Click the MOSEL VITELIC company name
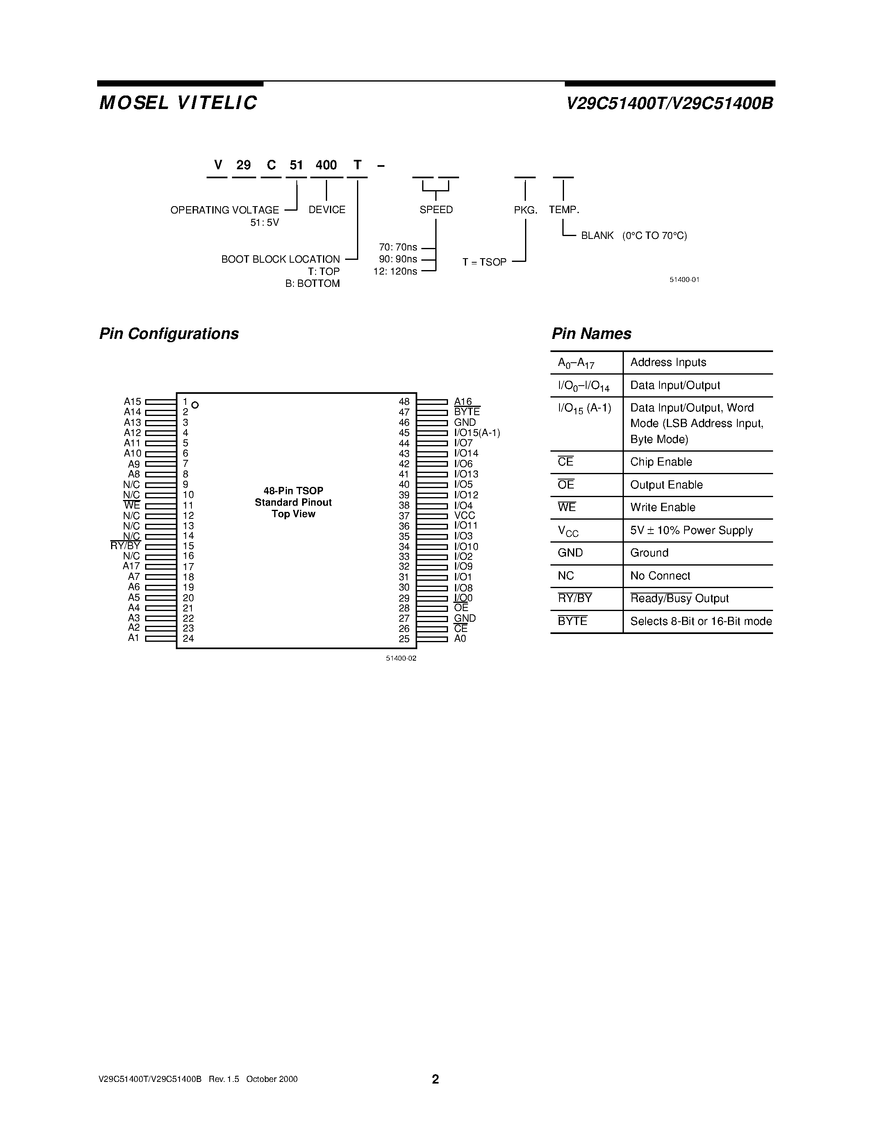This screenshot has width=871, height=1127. click(178, 103)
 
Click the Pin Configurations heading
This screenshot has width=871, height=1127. click(169, 334)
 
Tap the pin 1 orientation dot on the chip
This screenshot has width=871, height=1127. click(195, 405)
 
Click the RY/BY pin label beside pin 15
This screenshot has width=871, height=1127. click(125, 546)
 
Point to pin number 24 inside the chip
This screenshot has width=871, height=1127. click(188, 638)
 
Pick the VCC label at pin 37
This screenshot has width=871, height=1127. click(464, 516)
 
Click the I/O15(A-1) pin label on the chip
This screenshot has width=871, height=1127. click(477, 433)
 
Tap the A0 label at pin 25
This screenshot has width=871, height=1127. click(460, 638)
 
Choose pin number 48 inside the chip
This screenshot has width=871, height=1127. click(404, 402)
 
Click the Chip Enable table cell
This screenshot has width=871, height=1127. click(661, 462)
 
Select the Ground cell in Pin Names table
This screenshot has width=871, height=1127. click(649, 553)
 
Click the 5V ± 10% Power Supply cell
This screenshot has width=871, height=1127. click(691, 530)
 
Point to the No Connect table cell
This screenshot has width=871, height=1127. click(660, 576)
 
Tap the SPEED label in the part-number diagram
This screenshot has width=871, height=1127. click(436, 209)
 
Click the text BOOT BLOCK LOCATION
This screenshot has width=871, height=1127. click(280, 259)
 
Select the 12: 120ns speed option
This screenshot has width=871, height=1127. click(395, 271)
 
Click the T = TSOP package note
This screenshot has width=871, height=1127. click(484, 262)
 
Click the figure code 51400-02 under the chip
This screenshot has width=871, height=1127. click(401, 659)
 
